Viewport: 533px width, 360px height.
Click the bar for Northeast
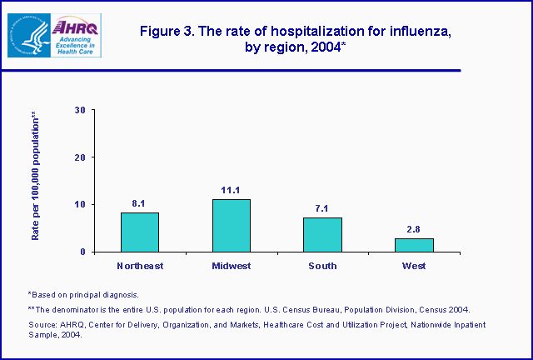139,232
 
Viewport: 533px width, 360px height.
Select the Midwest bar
231,225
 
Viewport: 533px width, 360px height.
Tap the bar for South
322,234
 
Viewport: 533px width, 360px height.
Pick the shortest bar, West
414,245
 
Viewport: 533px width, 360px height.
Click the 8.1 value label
139,202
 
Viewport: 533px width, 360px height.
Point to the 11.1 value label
231,189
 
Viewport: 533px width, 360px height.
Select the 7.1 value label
322,207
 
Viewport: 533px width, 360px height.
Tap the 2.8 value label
414,227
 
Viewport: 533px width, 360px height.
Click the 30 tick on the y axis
79,109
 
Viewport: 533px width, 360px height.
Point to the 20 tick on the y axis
79,157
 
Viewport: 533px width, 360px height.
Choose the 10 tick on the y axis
79,204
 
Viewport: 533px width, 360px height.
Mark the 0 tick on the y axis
82,252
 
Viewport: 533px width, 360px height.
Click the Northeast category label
139,267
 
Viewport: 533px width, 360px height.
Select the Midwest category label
231,267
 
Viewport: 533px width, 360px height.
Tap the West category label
414,267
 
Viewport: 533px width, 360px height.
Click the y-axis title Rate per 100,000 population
35,176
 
